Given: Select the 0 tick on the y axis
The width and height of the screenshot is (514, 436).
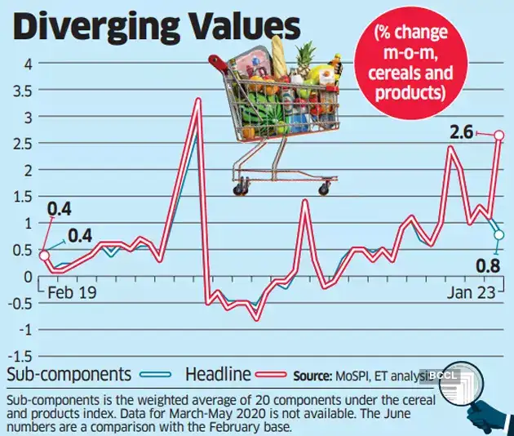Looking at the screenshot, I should [x=28, y=277].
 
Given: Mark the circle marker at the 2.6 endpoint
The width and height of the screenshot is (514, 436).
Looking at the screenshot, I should [x=499, y=135].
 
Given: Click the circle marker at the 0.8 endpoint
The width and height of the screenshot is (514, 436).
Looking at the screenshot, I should [x=498, y=235].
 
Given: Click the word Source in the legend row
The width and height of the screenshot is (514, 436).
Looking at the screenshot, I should [x=313, y=376].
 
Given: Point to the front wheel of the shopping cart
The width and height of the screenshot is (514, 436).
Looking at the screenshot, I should [x=325, y=189].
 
